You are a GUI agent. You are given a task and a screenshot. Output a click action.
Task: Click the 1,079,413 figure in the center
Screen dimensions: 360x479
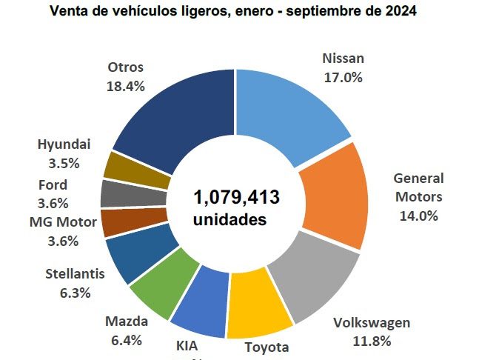coord(237,198)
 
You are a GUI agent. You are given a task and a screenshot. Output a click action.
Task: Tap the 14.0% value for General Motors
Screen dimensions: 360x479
coord(418,216)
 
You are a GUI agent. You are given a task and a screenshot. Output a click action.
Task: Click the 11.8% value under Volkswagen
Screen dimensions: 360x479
coord(371,341)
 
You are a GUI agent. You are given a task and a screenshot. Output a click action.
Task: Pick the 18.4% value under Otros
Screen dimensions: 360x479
coord(126,85)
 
